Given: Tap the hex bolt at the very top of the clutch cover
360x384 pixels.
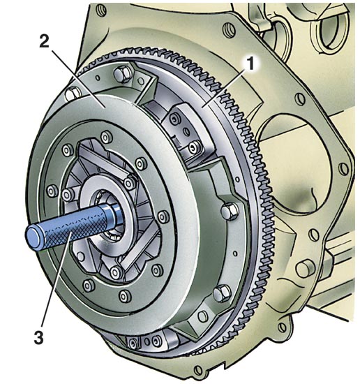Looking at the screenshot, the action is [123, 73].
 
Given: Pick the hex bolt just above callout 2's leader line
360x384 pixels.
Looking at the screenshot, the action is [73, 94].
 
